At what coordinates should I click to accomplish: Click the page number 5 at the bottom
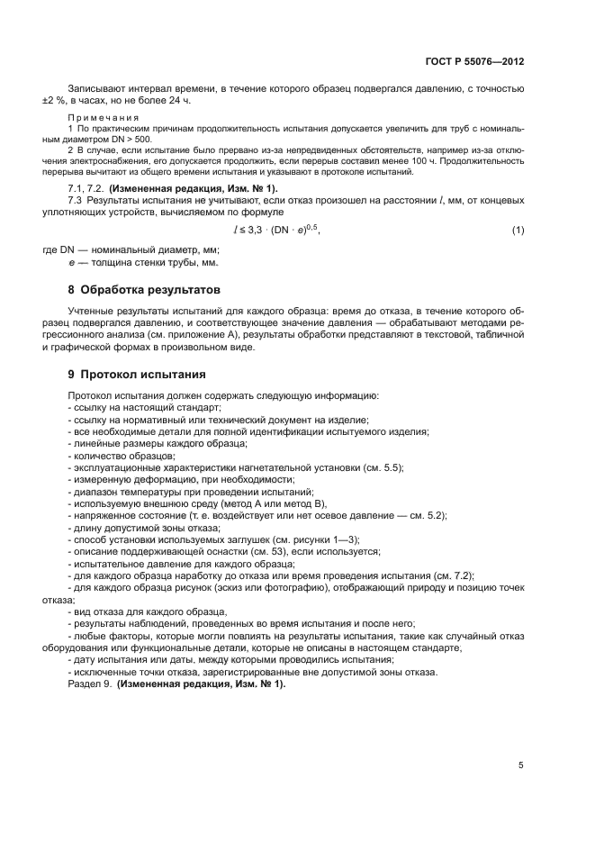[x=520, y=765]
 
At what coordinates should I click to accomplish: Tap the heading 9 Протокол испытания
[x=137, y=373]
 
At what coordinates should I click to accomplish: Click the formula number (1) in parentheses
[x=518, y=231]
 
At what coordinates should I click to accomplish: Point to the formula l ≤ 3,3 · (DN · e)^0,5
[x=276, y=230]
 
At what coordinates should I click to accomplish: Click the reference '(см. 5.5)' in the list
[x=383, y=467]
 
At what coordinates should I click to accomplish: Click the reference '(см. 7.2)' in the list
[x=454, y=575]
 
